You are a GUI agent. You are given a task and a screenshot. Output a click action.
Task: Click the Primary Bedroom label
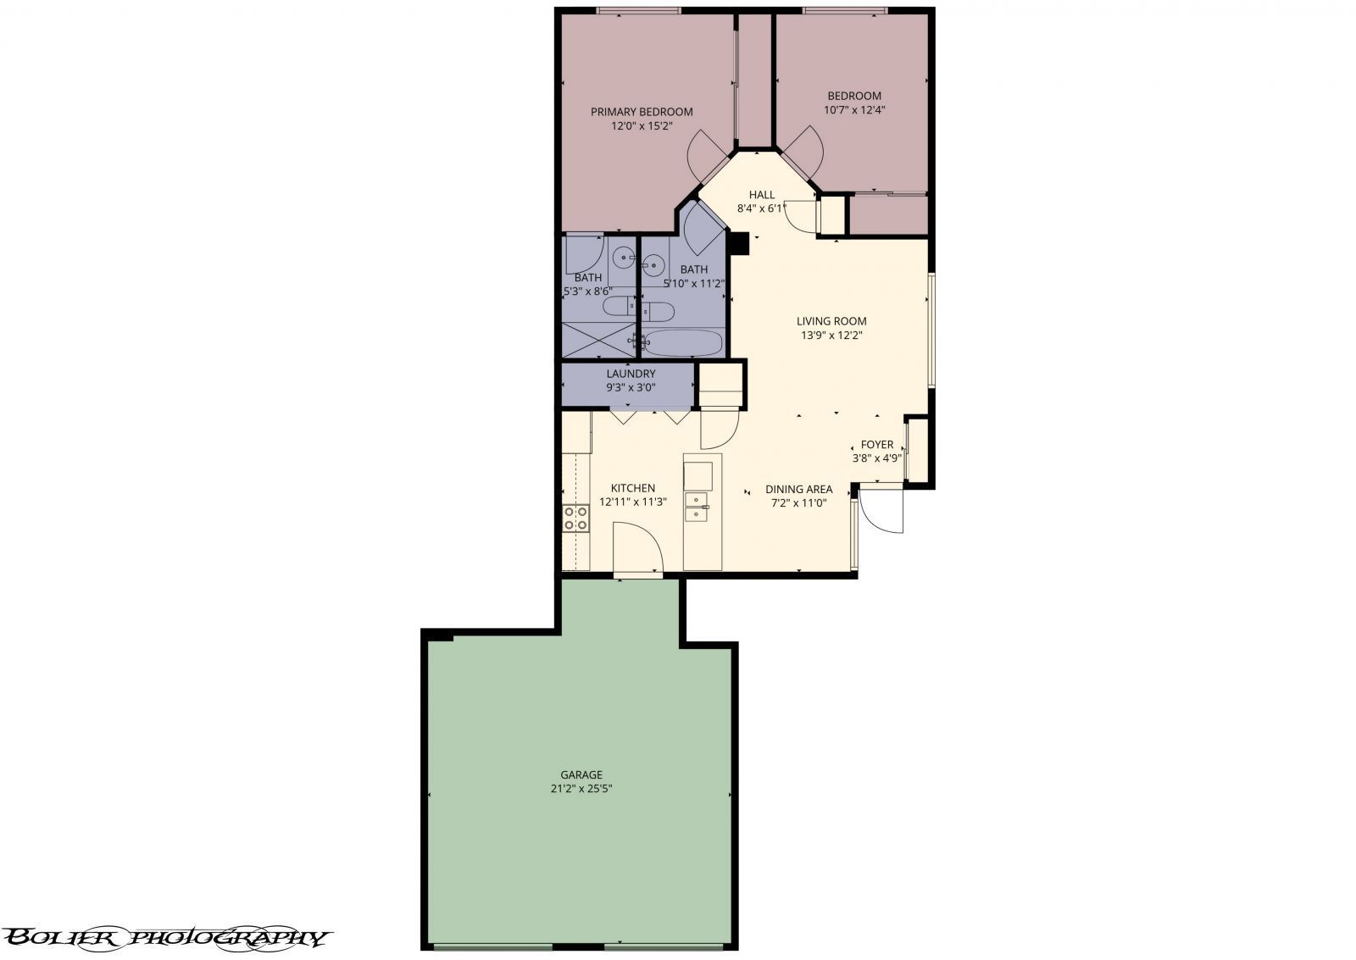coord(642,112)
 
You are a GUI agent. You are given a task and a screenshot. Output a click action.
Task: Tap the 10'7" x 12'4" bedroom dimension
coord(854,110)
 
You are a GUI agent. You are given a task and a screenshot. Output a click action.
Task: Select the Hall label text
coord(761,195)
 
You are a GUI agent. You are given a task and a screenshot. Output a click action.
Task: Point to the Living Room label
coord(831,321)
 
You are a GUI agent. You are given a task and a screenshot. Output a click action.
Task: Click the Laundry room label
coord(631,374)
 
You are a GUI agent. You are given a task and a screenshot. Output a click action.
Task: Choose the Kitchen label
coord(633,488)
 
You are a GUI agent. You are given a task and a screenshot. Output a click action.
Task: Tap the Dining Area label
coord(798,489)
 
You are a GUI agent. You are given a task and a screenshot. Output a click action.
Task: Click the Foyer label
coord(876,444)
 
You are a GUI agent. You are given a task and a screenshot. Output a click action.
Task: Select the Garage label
coord(581,774)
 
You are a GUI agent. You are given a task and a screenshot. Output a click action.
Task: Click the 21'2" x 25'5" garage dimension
coord(581,788)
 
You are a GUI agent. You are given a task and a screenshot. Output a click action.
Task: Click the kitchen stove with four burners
coord(576,518)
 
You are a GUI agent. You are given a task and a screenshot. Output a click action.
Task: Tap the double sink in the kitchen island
coord(697,506)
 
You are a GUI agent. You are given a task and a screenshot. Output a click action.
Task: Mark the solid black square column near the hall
coord(738,243)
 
